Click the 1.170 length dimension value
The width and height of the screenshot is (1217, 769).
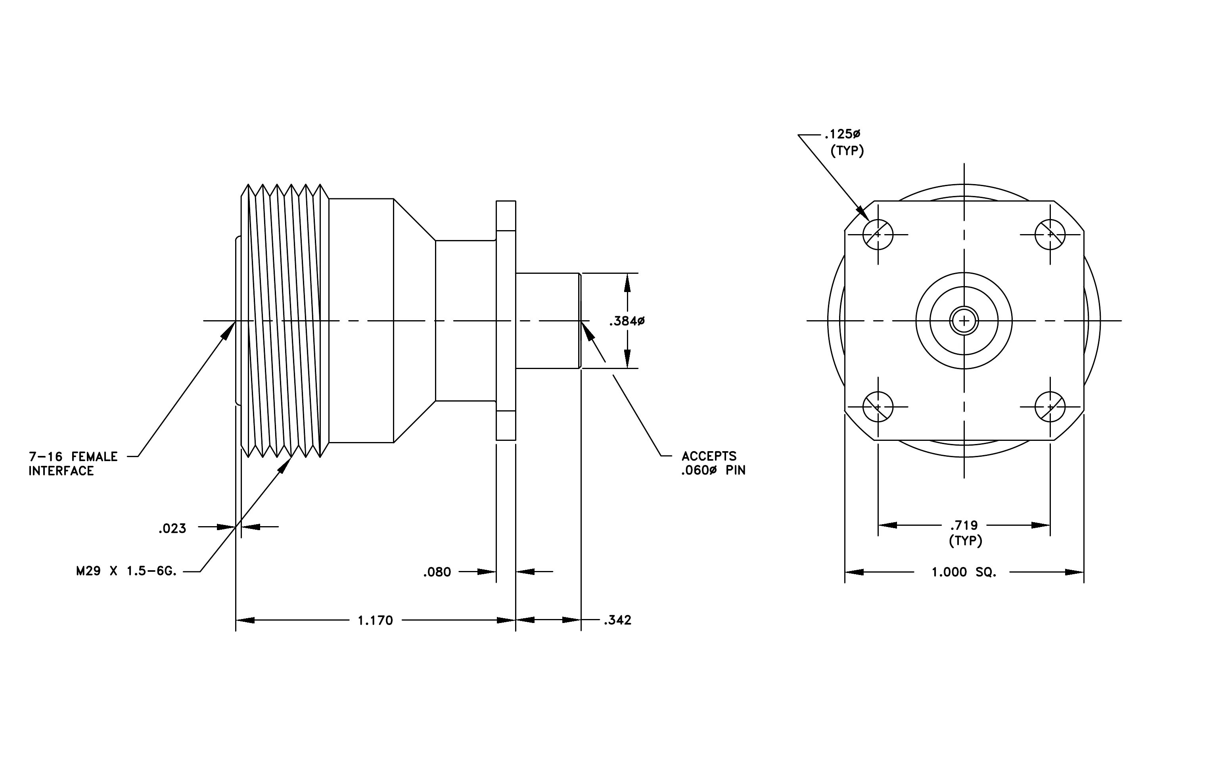[375, 620]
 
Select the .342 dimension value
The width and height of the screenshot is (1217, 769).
[617, 620]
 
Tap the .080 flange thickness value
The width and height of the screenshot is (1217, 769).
[437, 572]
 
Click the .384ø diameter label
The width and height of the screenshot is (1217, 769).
[627, 321]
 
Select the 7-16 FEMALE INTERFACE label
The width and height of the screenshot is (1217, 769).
[73, 463]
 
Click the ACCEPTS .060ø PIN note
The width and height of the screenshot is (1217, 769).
[713, 463]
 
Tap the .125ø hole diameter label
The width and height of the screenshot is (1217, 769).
[842, 134]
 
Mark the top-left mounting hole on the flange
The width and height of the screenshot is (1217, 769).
[878, 235]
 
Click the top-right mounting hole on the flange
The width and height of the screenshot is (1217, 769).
[1050, 235]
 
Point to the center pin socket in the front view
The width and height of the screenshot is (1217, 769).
[964, 321]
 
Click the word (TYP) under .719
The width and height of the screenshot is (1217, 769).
[965, 541]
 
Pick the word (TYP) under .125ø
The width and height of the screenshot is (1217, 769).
[847, 151]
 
